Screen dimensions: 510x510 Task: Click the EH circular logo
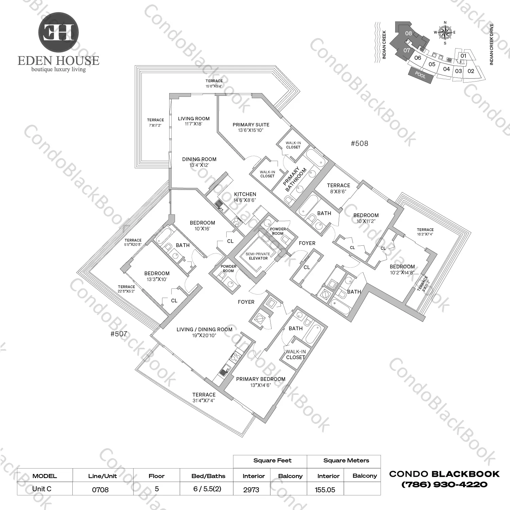pos(58,32)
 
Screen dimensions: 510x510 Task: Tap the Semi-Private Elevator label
pos(258,256)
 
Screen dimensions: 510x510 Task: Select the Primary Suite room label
pos(251,127)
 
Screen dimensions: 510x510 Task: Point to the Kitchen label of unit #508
pos(245,197)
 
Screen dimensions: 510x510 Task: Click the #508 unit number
pos(359,143)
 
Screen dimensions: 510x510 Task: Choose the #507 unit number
pos(119,334)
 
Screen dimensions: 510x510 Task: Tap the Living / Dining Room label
pos(204,332)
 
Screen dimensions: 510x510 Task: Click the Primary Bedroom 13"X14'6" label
pos(261,382)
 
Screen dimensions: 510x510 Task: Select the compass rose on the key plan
pos(445,33)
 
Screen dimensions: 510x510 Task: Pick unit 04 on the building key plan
pos(446,69)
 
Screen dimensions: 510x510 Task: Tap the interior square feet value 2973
pos(251,490)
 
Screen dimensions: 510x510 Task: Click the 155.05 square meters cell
pos(325,490)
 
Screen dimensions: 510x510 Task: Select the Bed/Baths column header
pos(208,476)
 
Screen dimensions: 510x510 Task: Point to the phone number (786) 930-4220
pos(444,485)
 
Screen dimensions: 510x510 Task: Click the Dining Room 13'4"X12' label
pos(199,162)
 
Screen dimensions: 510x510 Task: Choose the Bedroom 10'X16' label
pos(203,226)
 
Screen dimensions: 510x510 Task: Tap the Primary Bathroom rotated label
pos(294,179)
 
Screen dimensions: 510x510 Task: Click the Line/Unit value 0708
pos(100,490)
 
